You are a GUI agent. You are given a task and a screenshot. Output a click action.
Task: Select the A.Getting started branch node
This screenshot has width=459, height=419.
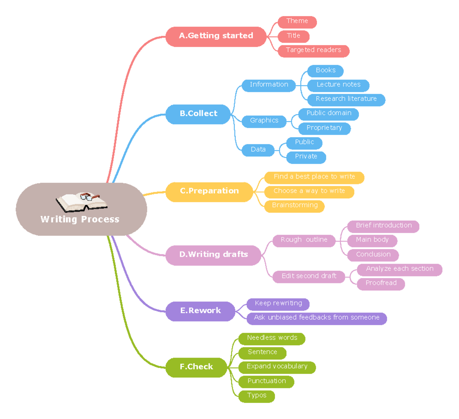(x=216, y=36)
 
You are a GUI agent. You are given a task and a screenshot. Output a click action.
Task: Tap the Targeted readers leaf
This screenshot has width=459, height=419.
(x=313, y=50)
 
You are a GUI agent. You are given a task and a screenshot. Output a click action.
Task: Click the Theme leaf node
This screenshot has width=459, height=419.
(x=297, y=22)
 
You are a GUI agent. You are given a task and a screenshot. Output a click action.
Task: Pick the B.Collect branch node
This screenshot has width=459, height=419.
(x=198, y=114)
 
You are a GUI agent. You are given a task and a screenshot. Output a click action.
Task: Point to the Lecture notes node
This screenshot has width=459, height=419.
(x=338, y=85)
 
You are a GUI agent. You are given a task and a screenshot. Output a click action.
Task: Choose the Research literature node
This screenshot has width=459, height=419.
(x=346, y=99)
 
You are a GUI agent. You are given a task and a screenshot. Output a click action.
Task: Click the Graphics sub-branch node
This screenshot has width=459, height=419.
(x=264, y=121)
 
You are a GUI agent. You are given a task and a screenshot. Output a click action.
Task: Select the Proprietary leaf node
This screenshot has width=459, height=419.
(x=324, y=128)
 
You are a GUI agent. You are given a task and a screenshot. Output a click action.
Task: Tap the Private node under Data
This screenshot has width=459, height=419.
(x=306, y=157)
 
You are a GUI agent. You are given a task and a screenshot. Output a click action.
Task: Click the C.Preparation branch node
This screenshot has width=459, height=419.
(x=209, y=191)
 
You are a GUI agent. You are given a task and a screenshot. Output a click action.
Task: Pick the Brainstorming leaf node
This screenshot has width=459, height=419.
(x=295, y=206)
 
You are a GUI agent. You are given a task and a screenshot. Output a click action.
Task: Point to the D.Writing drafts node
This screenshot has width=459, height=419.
(x=213, y=255)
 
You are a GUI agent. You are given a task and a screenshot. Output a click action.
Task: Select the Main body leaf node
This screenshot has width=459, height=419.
(x=372, y=240)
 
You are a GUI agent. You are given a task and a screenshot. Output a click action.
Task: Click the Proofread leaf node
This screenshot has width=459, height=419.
(x=381, y=283)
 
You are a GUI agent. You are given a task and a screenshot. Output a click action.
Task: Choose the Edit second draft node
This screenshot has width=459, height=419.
(x=309, y=276)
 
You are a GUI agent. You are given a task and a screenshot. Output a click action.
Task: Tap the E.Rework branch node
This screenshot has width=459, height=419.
(x=200, y=311)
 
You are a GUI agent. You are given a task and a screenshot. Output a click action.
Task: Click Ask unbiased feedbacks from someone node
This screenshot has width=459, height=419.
(x=316, y=318)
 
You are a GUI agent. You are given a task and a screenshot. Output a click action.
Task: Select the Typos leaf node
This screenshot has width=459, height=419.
(x=256, y=396)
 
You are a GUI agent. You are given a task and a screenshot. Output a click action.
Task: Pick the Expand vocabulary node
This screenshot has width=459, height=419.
(x=277, y=367)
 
